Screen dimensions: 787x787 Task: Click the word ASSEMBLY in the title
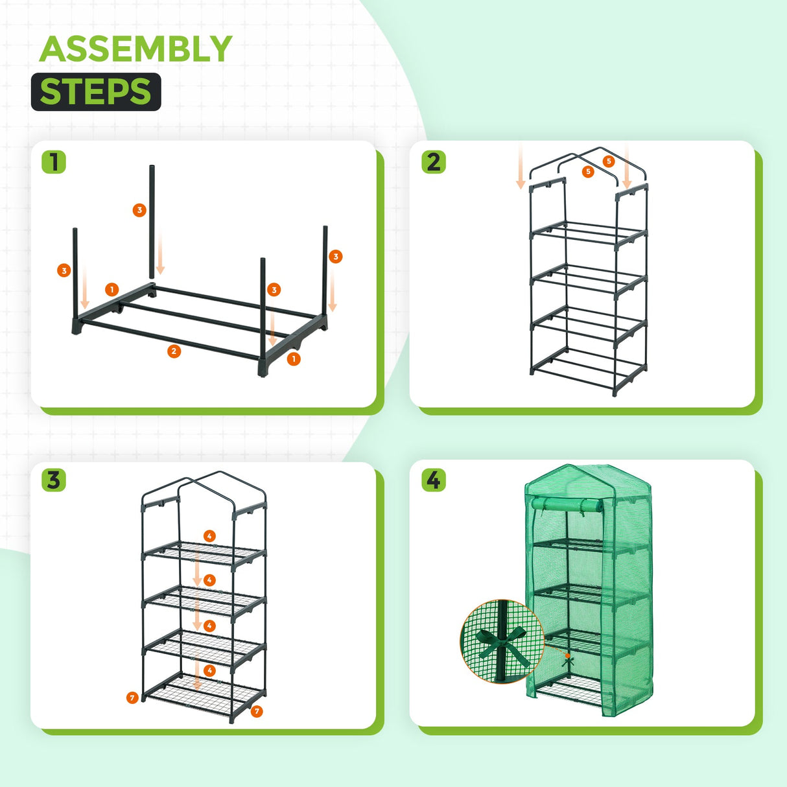pyautogui.click(x=135, y=49)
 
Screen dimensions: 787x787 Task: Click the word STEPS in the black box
pyautogui.click(x=95, y=91)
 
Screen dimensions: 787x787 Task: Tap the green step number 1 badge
pyautogui.click(x=54, y=161)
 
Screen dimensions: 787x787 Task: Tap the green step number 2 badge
pyautogui.click(x=434, y=161)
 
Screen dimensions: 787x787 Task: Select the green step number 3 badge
pyautogui.click(x=54, y=480)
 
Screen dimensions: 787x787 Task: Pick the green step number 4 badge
pyautogui.click(x=434, y=480)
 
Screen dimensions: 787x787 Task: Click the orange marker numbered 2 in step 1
pyautogui.click(x=174, y=351)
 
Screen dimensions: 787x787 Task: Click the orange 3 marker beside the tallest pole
pyautogui.click(x=139, y=210)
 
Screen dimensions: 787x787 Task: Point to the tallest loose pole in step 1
pyautogui.click(x=153, y=220)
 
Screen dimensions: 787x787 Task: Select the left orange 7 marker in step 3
pyautogui.click(x=132, y=698)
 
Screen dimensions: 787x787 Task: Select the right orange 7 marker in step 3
pyautogui.click(x=257, y=711)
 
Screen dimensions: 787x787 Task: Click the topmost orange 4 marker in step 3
pyautogui.click(x=209, y=536)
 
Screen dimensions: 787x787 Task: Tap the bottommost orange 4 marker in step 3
pyautogui.click(x=209, y=670)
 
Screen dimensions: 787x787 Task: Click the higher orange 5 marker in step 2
pyautogui.click(x=608, y=161)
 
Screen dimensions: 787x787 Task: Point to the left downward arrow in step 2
pyautogui.click(x=520, y=169)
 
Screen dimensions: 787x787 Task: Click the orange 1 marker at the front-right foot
pyautogui.click(x=294, y=358)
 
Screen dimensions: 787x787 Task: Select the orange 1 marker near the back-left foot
pyautogui.click(x=112, y=289)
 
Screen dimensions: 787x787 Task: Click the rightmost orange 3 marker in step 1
pyautogui.click(x=335, y=257)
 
